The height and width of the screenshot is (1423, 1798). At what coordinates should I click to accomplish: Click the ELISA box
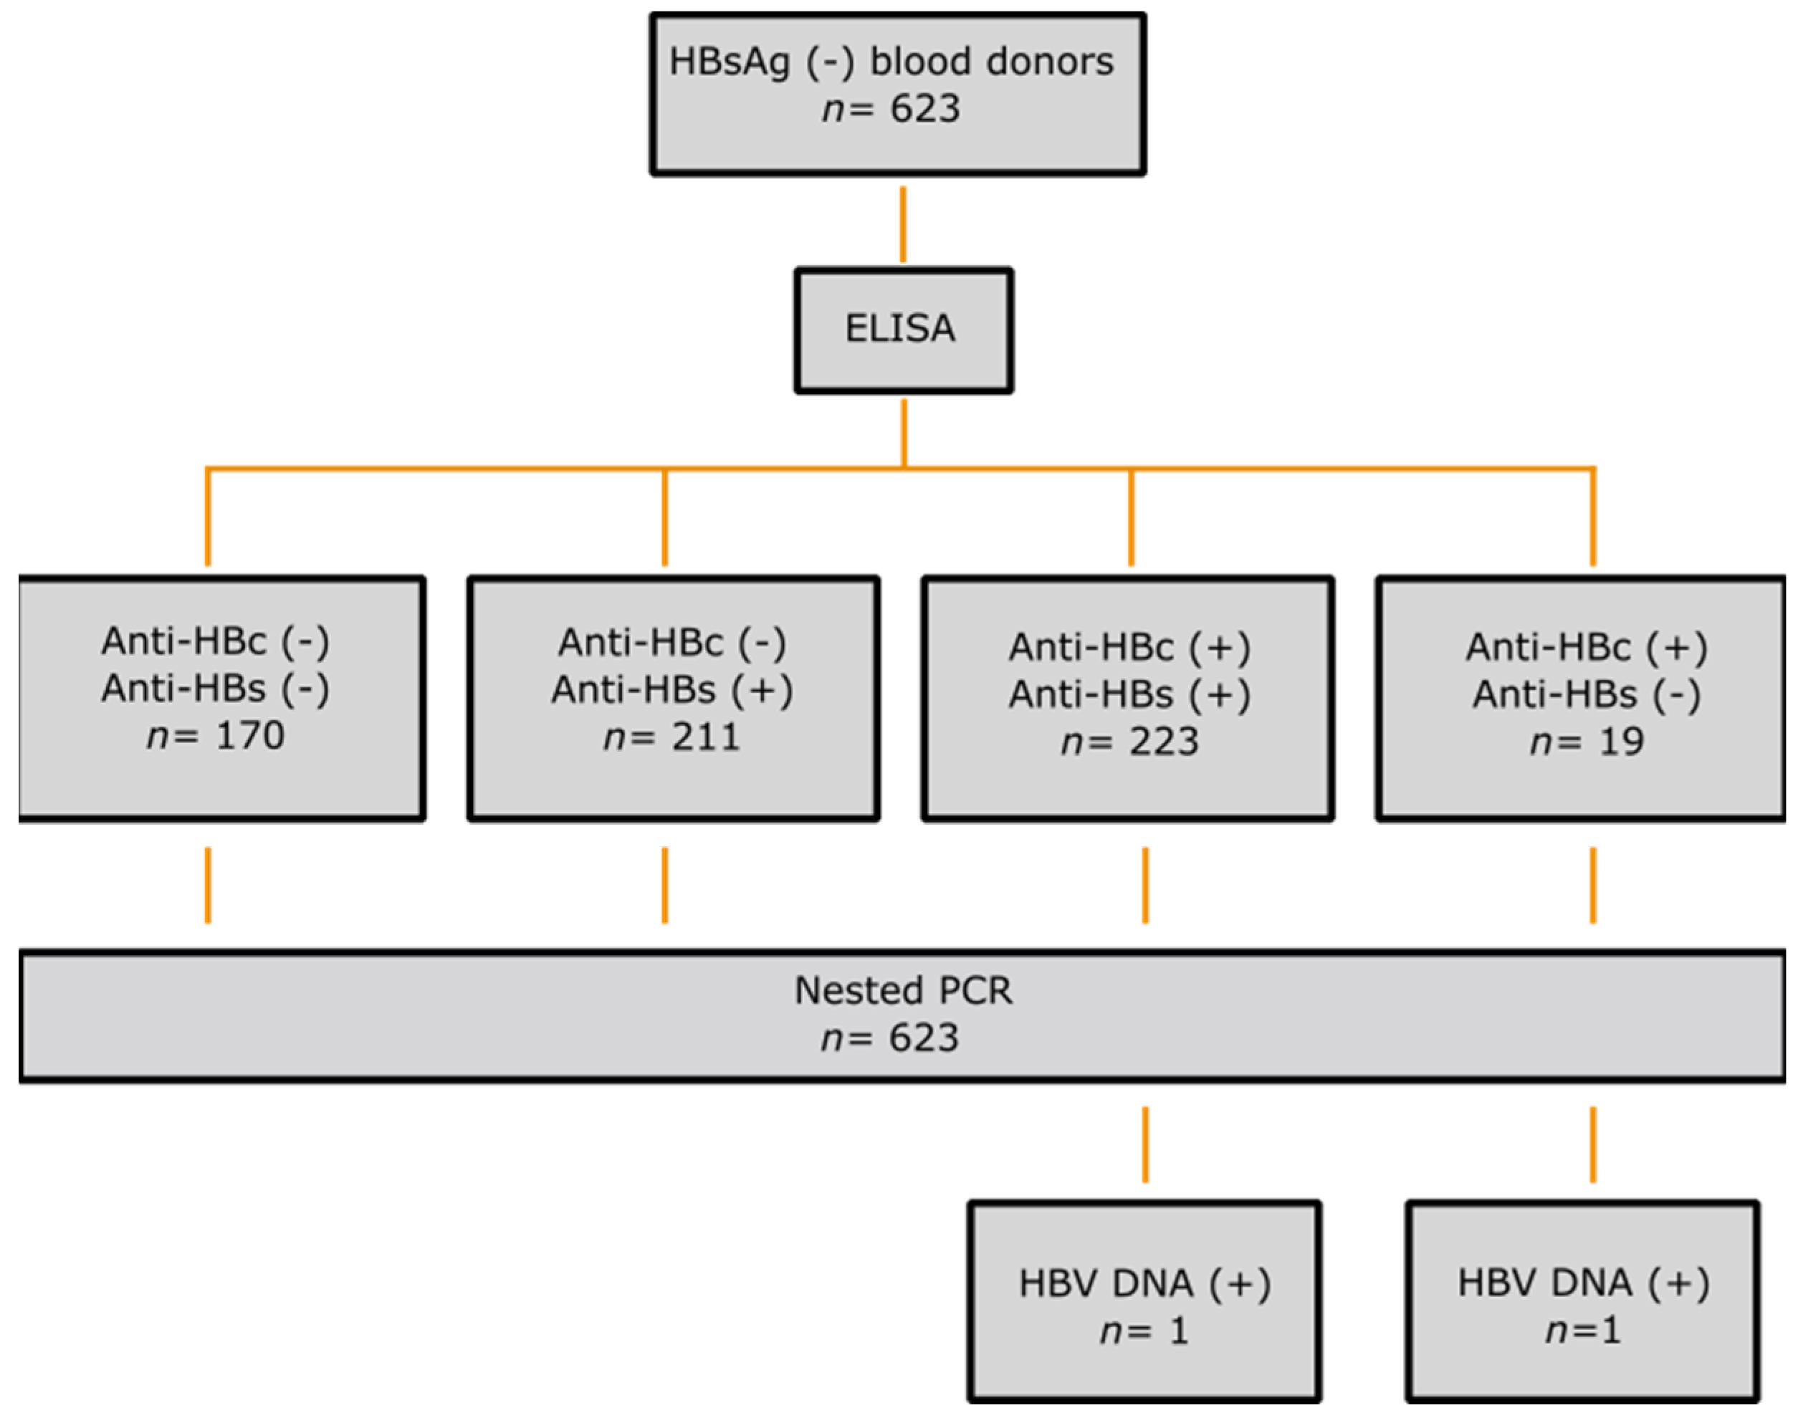[x=903, y=330]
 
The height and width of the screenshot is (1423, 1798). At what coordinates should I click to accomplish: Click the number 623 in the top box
[x=925, y=109]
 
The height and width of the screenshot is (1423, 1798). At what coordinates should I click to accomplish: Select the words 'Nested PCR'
[x=903, y=991]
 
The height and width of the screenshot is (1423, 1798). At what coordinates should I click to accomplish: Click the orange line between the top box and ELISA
[x=903, y=225]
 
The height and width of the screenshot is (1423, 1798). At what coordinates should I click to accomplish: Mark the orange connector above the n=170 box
[x=208, y=517]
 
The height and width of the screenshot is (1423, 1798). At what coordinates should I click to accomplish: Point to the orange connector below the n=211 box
[x=664, y=885]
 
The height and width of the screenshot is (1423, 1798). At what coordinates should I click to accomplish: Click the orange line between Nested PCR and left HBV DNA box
[x=1146, y=1144]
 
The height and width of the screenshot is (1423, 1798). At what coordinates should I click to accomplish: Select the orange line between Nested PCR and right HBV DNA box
[x=1593, y=1144]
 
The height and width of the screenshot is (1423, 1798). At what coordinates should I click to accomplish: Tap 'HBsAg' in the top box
[x=729, y=62]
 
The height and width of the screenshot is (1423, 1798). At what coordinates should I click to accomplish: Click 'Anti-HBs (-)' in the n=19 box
[x=1587, y=695]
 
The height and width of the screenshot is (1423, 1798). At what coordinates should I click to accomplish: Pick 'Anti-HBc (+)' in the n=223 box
[x=1130, y=647]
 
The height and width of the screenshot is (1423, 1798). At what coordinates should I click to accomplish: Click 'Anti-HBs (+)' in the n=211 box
[x=671, y=690]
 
